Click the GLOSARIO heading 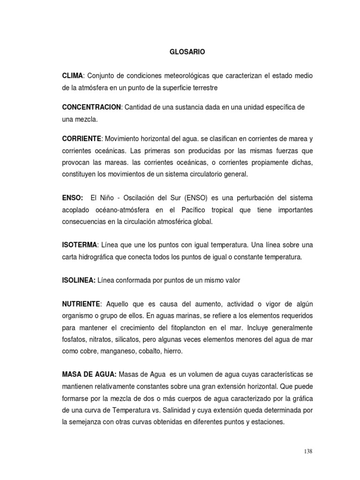point(187,52)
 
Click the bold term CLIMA point(73,76)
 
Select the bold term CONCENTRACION point(91,107)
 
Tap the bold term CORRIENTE point(82,139)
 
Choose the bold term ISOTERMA point(80,245)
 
